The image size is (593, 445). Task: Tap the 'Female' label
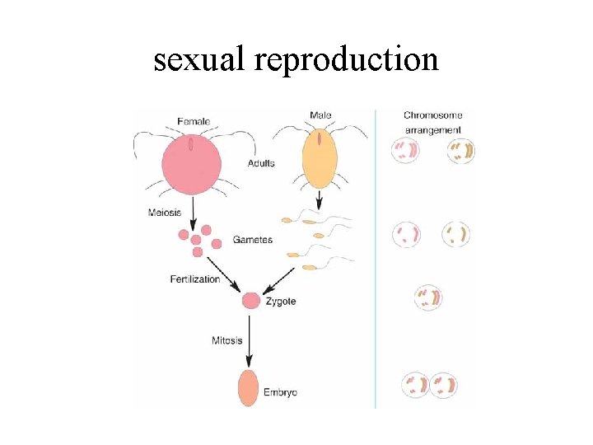[x=194, y=122]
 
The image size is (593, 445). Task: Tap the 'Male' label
[x=321, y=115]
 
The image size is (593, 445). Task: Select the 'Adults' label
[x=261, y=163]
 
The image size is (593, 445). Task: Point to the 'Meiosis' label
[x=165, y=214]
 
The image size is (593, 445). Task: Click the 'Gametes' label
[x=252, y=240]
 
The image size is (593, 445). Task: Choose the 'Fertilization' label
[x=195, y=279]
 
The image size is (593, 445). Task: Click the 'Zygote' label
[x=281, y=302]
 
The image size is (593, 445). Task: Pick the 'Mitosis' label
[x=227, y=340]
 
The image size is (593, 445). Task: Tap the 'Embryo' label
[x=280, y=392]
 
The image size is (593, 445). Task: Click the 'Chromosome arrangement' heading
[x=433, y=123]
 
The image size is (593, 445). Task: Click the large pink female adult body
[x=191, y=163]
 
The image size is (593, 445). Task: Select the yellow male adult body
[x=320, y=161]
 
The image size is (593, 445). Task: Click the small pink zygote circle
[x=250, y=301]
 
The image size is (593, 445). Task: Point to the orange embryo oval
[x=249, y=387]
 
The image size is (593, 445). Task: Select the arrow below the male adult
[x=320, y=202]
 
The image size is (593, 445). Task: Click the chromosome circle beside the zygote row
[x=428, y=297]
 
